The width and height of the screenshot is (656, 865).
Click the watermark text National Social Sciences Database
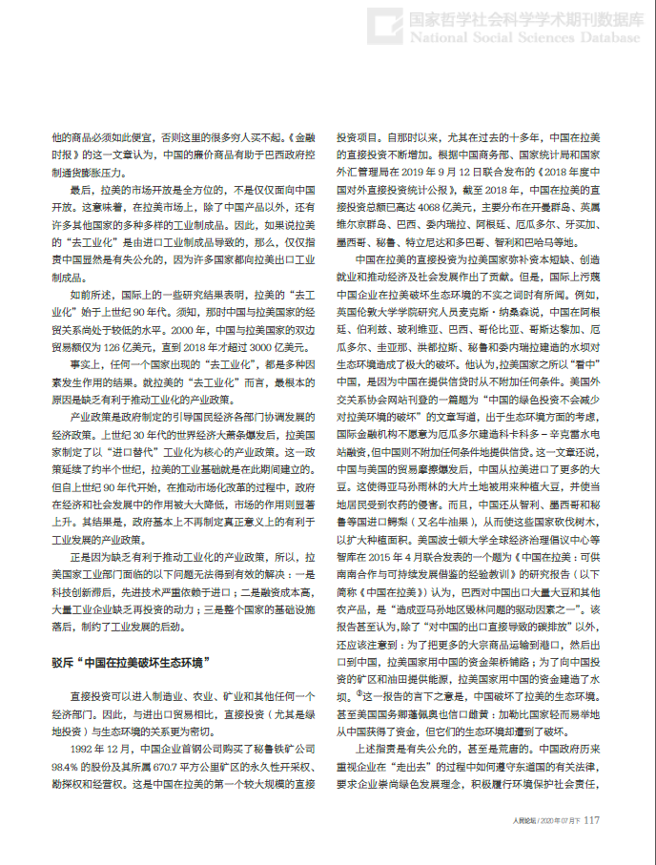[524, 37]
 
